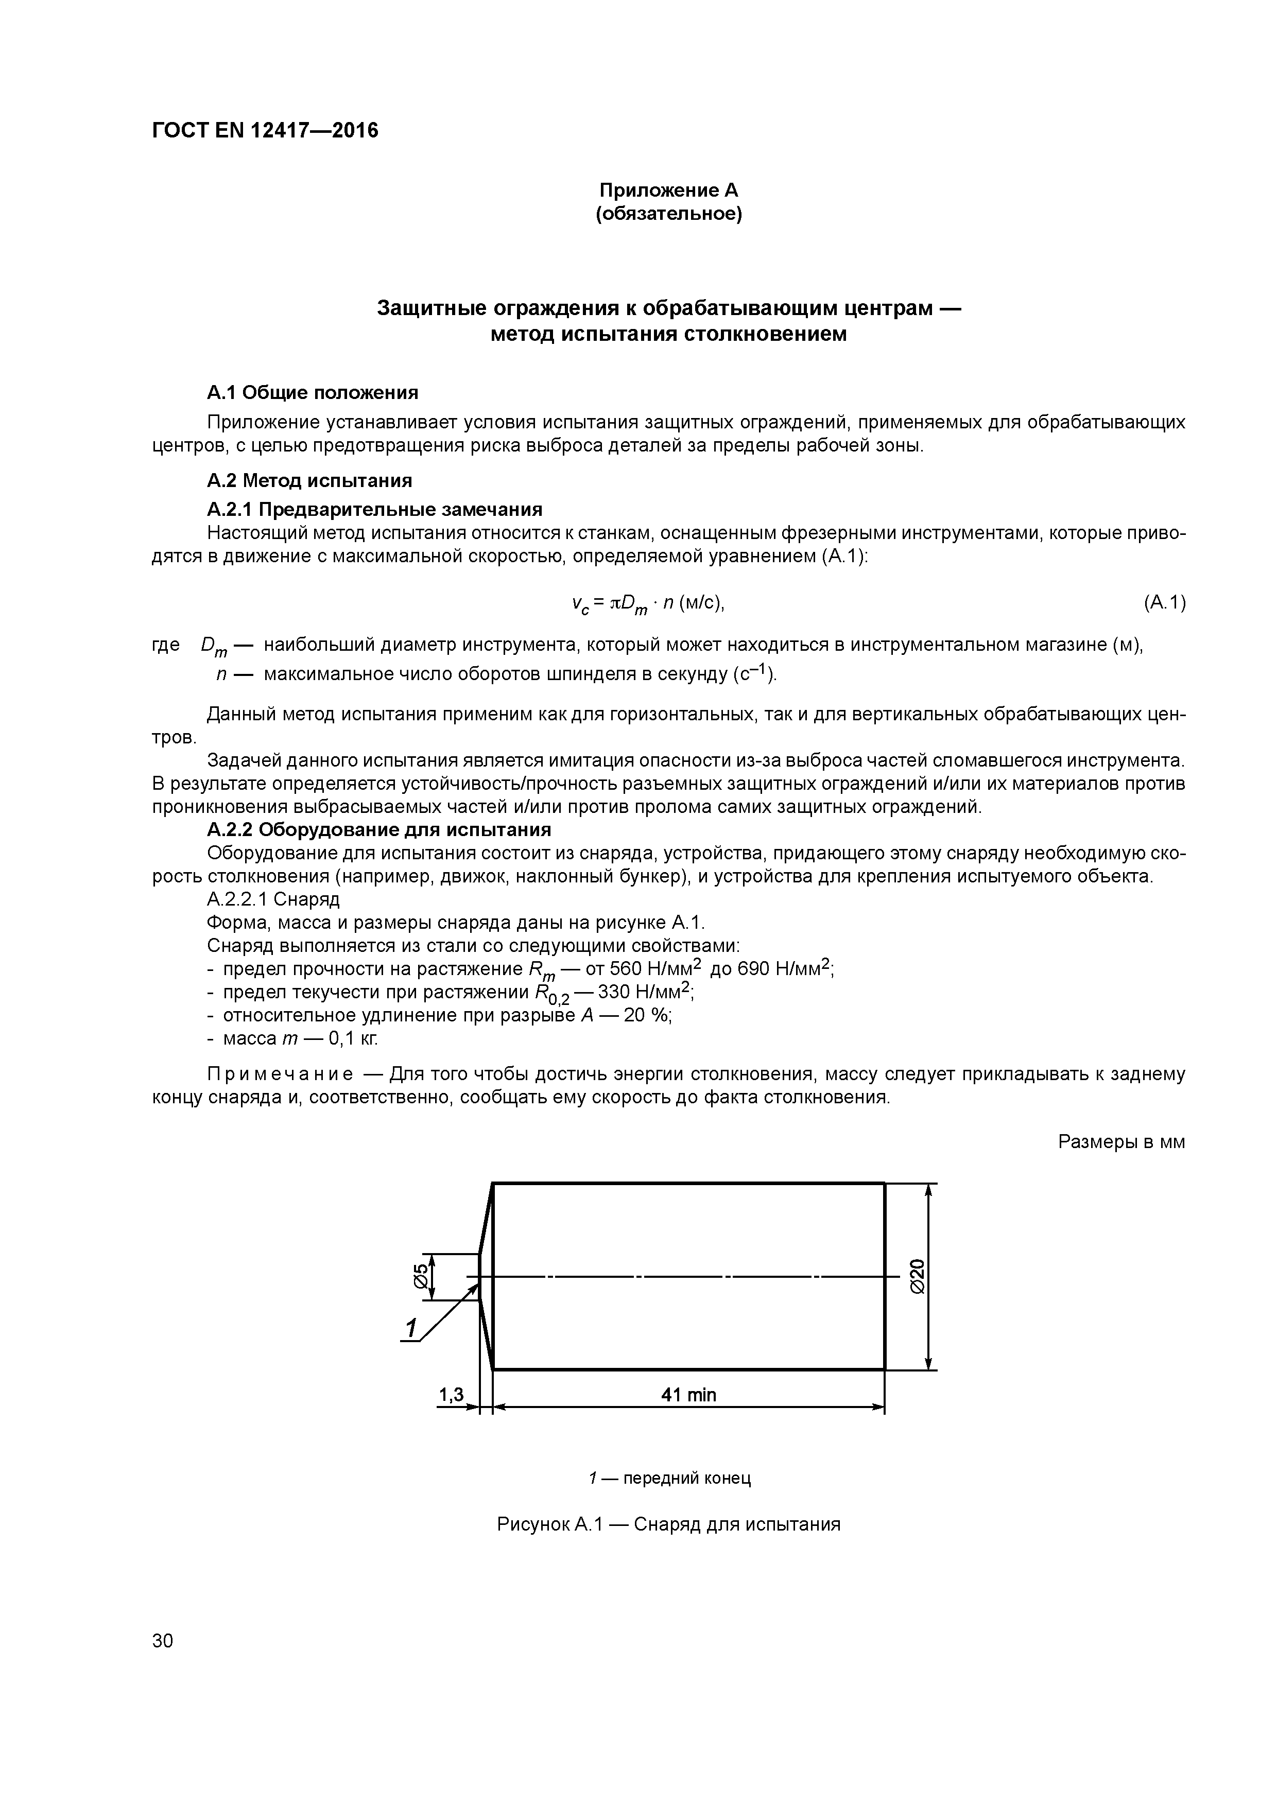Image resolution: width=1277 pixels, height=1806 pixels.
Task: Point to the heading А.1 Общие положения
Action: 313,392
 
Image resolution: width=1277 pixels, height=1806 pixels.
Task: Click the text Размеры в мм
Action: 1120,1141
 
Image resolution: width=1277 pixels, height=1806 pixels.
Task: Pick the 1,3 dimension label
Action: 451,1395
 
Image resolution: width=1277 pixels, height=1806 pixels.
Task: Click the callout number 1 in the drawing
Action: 409,1329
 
